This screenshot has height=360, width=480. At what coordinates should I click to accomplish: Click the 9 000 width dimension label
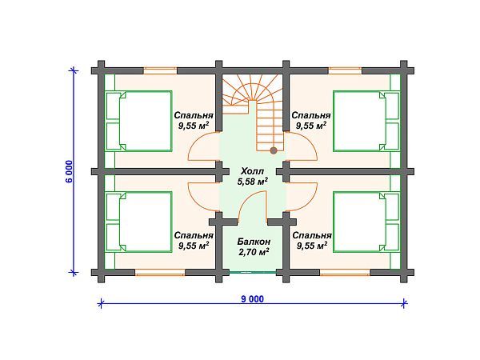(x=252, y=298)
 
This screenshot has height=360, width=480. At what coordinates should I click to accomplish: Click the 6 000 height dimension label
(x=69, y=171)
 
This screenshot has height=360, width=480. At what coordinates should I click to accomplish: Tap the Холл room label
(x=252, y=171)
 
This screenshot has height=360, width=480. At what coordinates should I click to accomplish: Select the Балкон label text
(x=254, y=242)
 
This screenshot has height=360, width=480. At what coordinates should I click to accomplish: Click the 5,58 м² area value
(x=253, y=182)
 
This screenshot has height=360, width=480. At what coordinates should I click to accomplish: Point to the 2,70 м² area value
(x=254, y=252)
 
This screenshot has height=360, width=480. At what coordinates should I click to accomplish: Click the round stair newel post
(x=274, y=150)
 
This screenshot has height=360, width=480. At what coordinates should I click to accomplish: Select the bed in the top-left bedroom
(x=138, y=121)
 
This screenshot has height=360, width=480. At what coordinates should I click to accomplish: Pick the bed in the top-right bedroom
(x=366, y=121)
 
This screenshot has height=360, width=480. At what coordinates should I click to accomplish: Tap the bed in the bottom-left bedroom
(x=138, y=222)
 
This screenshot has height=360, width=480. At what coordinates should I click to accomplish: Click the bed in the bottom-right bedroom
(x=366, y=222)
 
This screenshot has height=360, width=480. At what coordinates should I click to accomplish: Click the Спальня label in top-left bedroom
(x=194, y=115)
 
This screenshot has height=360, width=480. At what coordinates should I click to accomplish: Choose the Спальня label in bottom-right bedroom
(x=312, y=235)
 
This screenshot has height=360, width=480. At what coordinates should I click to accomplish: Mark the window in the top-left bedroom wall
(x=160, y=70)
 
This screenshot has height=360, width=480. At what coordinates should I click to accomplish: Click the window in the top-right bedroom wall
(x=345, y=70)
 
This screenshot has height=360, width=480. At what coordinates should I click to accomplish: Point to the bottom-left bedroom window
(x=160, y=273)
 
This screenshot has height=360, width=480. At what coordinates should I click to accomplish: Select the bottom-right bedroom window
(x=345, y=273)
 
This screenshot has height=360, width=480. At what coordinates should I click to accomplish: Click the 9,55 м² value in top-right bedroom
(x=311, y=126)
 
